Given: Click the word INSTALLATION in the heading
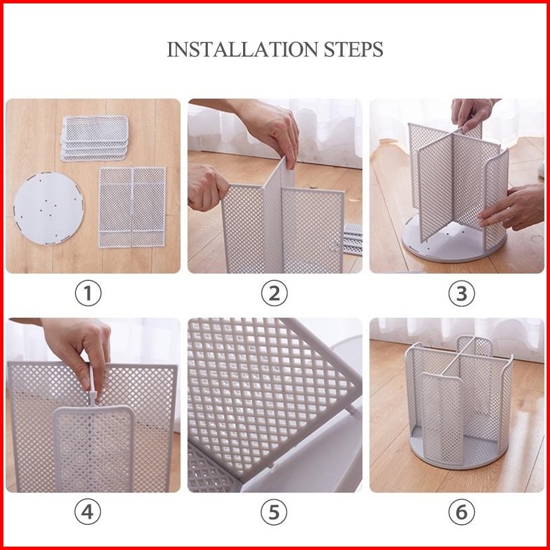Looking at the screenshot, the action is pyautogui.click(x=242, y=49).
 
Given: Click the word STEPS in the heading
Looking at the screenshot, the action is pyautogui.click(x=353, y=49).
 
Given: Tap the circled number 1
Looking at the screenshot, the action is pyautogui.click(x=88, y=293).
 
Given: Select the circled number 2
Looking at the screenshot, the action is pyautogui.click(x=274, y=293).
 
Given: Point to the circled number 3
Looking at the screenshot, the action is pyautogui.click(x=462, y=293).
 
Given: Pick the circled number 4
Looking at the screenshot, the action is pyautogui.click(x=88, y=512).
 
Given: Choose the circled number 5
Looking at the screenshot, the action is pyautogui.click(x=274, y=512).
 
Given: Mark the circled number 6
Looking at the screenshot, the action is pyautogui.click(x=462, y=512).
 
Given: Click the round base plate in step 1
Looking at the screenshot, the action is pyautogui.click(x=49, y=208).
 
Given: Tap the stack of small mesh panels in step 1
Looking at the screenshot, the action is pyautogui.click(x=94, y=139).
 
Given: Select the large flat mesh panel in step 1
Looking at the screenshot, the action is pyautogui.click(x=132, y=207).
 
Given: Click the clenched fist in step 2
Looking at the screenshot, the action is pyautogui.click(x=207, y=187).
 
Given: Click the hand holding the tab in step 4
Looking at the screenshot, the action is pyautogui.click(x=77, y=354).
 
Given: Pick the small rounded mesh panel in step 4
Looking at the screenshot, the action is pyautogui.click(x=94, y=448).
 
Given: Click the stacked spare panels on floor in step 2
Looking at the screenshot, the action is pyautogui.click(x=352, y=239).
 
